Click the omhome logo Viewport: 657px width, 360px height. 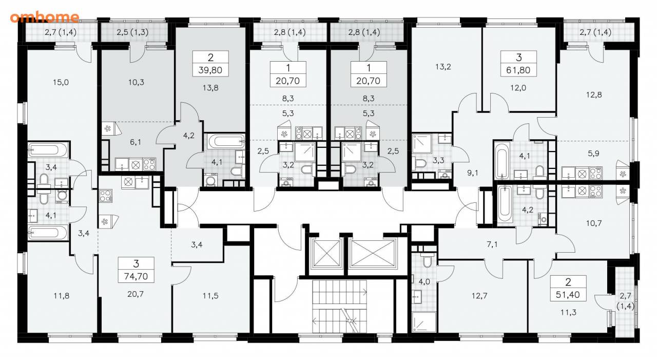[45, 17]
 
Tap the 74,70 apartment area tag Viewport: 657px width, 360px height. [136, 276]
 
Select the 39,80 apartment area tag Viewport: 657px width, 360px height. [210, 70]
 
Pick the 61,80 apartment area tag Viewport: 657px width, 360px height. [518, 70]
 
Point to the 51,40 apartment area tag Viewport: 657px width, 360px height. [568, 295]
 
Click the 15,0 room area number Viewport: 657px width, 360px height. [61, 83]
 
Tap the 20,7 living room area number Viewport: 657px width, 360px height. [136, 294]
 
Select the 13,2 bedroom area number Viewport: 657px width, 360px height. [443, 67]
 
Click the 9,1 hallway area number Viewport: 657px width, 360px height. [473, 173]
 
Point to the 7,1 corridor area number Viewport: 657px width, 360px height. [492, 244]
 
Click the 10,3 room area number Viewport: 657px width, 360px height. [136, 83]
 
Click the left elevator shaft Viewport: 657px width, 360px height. [326, 254]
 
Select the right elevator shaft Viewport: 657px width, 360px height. [373, 254]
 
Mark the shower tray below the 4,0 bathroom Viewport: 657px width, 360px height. [424, 322]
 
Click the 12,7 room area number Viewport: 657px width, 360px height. [479, 296]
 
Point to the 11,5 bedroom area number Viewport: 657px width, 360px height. [210, 296]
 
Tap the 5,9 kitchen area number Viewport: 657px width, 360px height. [593, 154]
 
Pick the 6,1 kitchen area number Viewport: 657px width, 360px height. [136, 142]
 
